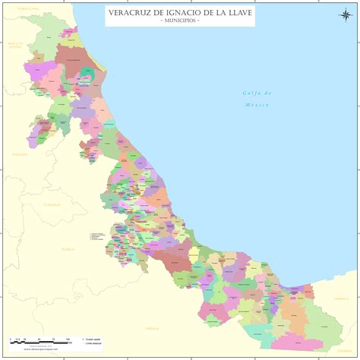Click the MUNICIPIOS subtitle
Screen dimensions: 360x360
click(180, 21)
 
